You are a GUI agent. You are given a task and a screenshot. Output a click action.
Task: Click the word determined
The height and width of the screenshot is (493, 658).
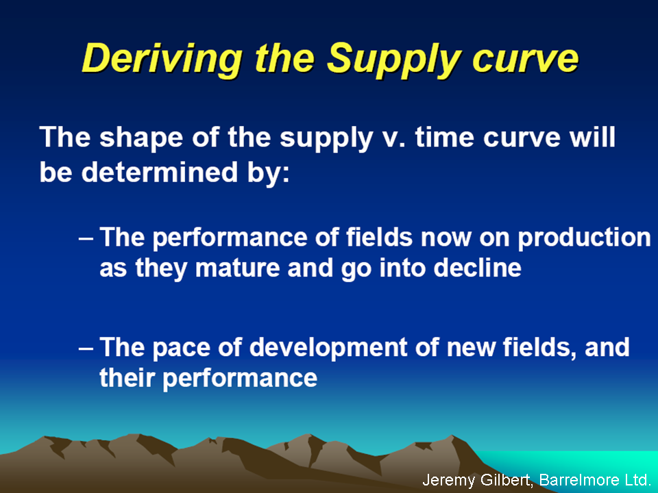pyautogui.click(x=160, y=172)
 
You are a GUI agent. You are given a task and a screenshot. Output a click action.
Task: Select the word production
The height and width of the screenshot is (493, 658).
pyautogui.click(x=584, y=238)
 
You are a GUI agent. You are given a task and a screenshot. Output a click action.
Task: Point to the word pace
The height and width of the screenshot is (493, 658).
pyautogui.click(x=181, y=349)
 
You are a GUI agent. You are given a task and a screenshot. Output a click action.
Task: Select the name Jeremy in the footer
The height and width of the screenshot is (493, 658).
pyautogui.click(x=448, y=480)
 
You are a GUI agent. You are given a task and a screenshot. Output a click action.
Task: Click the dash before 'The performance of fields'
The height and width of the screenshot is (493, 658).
pyautogui.click(x=86, y=238)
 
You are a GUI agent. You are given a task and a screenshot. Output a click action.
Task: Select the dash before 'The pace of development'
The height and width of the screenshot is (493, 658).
pyautogui.click(x=86, y=348)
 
